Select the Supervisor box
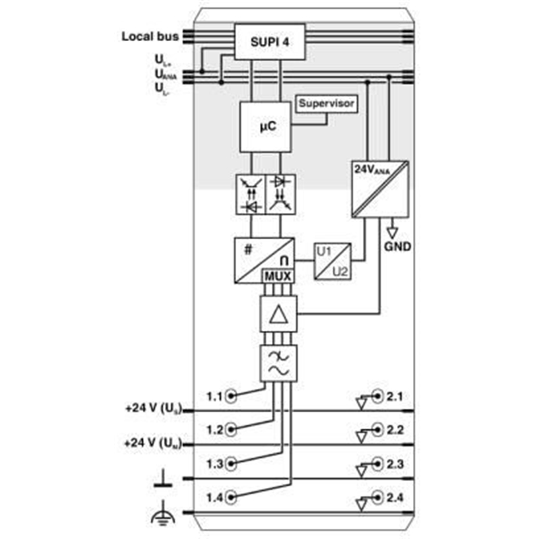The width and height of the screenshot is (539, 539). click(326, 104)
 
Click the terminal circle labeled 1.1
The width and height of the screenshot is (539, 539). click(231, 396)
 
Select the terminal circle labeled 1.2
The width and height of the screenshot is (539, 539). click(231, 429)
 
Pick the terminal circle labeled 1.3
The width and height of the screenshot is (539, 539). click(231, 464)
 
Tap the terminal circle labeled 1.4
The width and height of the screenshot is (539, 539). click(231, 498)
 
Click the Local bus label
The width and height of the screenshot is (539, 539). click(150, 36)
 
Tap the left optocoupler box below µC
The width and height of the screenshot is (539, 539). click(249, 195)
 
